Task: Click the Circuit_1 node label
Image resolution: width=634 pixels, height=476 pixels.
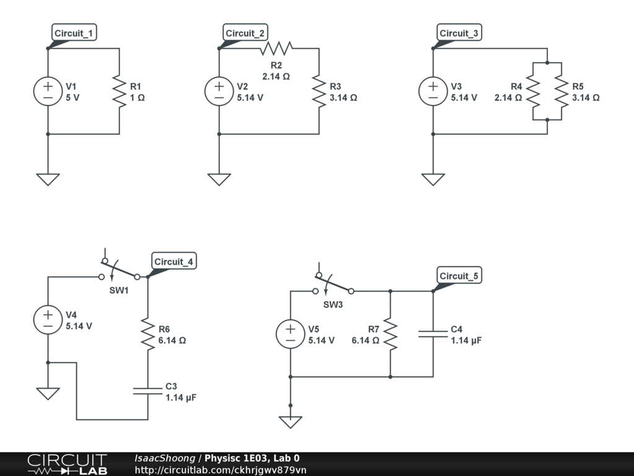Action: (75, 33)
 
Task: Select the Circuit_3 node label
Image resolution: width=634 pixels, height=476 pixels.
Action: (459, 33)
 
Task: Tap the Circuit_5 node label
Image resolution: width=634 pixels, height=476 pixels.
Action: (459, 276)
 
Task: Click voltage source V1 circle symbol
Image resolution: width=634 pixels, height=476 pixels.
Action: (48, 91)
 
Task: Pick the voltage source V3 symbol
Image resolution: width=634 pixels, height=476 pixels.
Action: (433, 91)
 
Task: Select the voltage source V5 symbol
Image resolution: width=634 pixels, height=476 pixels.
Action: (290, 334)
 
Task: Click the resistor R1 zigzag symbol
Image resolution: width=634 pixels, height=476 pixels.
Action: (119, 91)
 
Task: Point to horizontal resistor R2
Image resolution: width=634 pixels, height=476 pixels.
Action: (276, 48)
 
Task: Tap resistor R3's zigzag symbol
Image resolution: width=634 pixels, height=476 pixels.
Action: (319, 91)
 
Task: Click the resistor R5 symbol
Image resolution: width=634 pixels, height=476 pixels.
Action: (562, 91)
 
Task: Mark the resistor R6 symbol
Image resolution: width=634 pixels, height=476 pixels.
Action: (148, 334)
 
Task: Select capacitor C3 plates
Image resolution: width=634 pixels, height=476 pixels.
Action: (148, 390)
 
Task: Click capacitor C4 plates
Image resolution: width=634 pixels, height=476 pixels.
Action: (433, 334)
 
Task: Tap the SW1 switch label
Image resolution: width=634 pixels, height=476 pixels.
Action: (119, 291)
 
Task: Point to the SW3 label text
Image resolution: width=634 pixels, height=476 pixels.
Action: (333, 304)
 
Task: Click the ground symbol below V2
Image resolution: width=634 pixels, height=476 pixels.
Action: (219, 179)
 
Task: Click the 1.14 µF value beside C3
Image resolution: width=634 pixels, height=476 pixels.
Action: (181, 397)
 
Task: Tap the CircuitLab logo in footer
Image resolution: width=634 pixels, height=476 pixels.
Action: (67, 464)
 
